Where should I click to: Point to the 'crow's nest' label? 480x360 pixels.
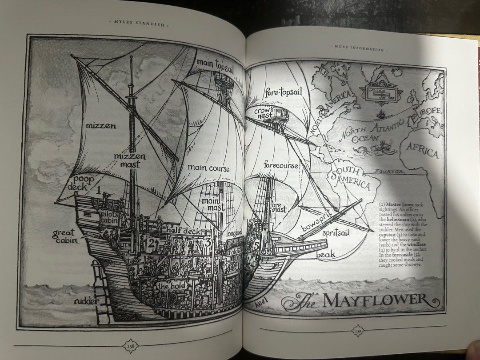click(264, 112)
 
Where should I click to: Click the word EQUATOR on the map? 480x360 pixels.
click(389, 171)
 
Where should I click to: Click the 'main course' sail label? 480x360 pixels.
click(208, 168)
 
